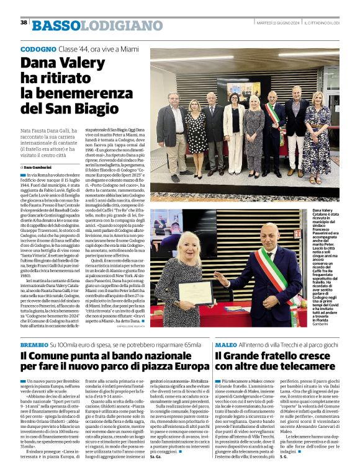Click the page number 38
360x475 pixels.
point(24,22)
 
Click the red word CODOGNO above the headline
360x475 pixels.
point(38,48)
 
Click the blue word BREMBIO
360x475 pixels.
point(34,344)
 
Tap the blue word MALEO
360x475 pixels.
point(225,344)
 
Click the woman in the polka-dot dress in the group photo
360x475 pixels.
point(196,130)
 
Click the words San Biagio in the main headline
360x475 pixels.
point(81,107)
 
